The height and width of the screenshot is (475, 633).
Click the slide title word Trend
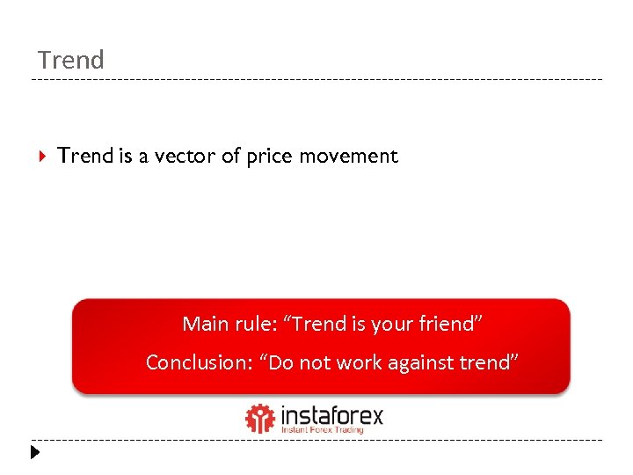(x=71, y=60)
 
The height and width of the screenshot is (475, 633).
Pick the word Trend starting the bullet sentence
(x=85, y=156)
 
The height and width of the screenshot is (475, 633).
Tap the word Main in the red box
(x=203, y=324)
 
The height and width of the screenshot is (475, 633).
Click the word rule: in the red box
(x=256, y=324)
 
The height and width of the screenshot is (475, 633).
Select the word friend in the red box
(x=450, y=324)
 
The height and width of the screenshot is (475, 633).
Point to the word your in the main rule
(x=391, y=325)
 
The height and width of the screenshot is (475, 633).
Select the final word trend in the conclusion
(x=489, y=362)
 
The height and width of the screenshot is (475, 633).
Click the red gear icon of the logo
(x=260, y=419)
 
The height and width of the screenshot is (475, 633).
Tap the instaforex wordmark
(x=332, y=414)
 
